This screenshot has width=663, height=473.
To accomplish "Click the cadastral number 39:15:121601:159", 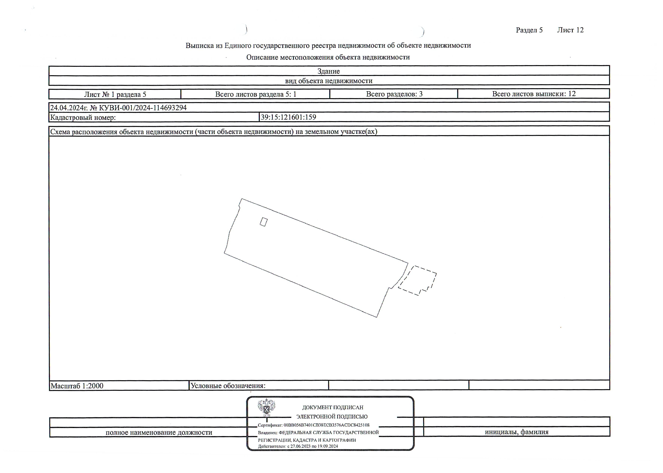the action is pos(288,117).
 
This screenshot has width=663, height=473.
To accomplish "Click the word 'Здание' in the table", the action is pos(329,71).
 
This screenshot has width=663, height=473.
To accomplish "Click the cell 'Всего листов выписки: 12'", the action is pos(534,94).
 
